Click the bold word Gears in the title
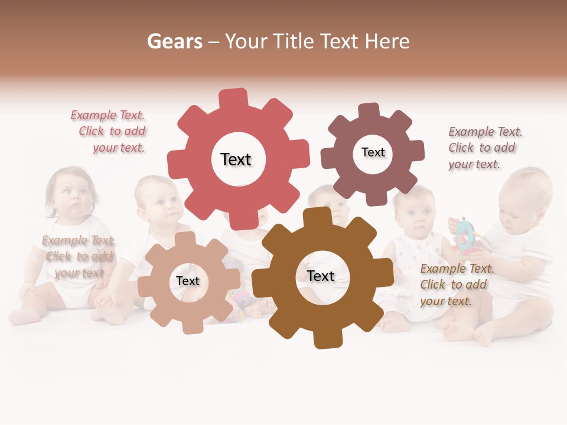tap(174, 41)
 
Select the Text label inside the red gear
tap(236, 159)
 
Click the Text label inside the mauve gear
tap(373, 152)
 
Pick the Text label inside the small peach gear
tap(188, 281)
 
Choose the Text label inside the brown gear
tap(321, 276)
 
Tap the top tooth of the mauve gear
tap(369, 111)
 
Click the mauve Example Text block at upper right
tap(485, 148)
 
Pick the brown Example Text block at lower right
tap(457, 285)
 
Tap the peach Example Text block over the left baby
tap(79, 256)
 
